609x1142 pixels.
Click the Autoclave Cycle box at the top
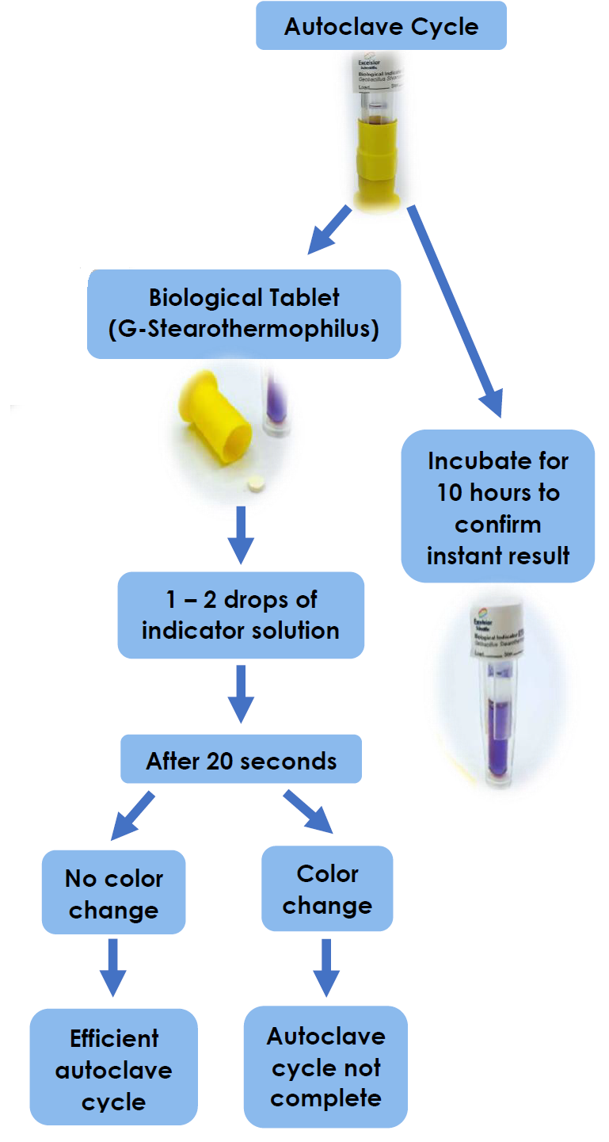[x=381, y=26]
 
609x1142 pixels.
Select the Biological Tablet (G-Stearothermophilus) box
[x=243, y=313]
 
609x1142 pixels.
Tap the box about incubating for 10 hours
[x=497, y=507]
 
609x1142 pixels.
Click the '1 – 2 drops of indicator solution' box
[x=241, y=615]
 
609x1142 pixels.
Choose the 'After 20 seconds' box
[x=241, y=761]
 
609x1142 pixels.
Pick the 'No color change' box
[x=113, y=893]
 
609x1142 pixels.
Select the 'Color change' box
[x=327, y=888]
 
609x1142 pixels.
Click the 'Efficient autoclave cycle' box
[x=113, y=1069]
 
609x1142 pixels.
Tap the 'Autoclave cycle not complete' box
[x=325, y=1067]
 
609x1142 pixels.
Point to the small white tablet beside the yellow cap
[x=255, y=482]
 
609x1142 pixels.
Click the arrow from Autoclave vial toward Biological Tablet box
[x=329, y=228]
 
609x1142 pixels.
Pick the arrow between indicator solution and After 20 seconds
[x=241, y=693]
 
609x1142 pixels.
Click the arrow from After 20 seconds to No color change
[x=132, y=813]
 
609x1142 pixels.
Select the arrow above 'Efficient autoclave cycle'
[x=113, y=966]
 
